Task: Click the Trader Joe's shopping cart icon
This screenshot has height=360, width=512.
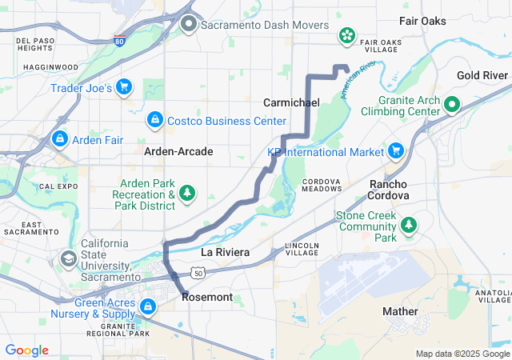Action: (x=123, y=86)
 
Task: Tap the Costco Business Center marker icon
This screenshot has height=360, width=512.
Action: (x=154, y=121)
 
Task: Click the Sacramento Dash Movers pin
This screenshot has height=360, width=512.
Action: (x=189, y=24)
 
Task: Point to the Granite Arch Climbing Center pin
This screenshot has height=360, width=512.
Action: (x=451, y=103)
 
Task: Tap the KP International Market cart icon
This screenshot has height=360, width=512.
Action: (x=395, y=151)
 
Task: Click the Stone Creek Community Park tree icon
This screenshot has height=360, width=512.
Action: (x=409, y=225)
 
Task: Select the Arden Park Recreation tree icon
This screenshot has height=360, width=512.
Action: (x=188, y=193)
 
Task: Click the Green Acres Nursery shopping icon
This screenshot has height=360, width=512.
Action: (x=148, y=306)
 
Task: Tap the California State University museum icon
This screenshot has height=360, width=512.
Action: (x=69, y=258)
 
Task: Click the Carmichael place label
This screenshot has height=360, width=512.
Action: (x=291, y=103)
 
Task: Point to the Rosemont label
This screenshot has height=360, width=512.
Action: (x=207, y=297)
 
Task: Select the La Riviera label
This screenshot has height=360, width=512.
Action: (x=226, y=252)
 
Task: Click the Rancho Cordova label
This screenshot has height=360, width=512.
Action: (x=389, y=190)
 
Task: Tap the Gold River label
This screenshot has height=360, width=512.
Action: (x=482, y=75)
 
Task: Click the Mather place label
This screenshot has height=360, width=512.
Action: (x=400, y=311)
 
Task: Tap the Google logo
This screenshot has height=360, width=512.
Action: (x=26, y=350)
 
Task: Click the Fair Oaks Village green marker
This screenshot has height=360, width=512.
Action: (x=347, y=34)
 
